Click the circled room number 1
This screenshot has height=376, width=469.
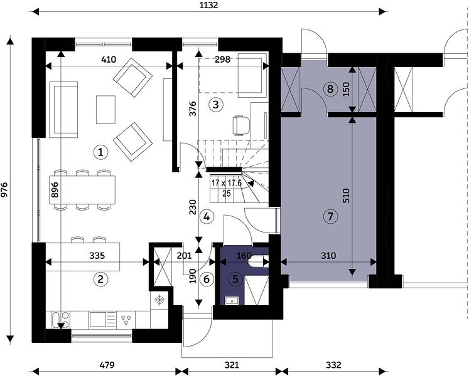coord(100,152)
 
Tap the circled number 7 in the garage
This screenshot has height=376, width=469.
coord(330,216)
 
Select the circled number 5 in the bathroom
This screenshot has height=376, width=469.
coord(235,279)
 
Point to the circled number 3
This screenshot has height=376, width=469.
coord(215,105)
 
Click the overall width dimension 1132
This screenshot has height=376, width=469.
coord(209,5)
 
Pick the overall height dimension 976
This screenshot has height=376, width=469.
coord(4,189)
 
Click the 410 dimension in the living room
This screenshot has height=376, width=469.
coord(109,60)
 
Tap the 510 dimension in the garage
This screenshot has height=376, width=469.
coord(346,196)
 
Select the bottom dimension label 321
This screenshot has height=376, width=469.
coord(232,365)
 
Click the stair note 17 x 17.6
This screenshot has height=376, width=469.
coord(227,183)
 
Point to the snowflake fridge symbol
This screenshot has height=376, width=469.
coord(159,300)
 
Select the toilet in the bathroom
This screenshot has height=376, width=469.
coord(259,261)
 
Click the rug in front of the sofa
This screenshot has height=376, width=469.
coord(105,109)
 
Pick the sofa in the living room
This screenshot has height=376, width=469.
coord(63,110)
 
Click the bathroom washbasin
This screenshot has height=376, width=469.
coord(232,301)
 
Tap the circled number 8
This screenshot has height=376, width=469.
coord(330,89)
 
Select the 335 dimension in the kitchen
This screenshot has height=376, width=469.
coord(97,256)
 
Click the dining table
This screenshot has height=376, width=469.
coord(82,190)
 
